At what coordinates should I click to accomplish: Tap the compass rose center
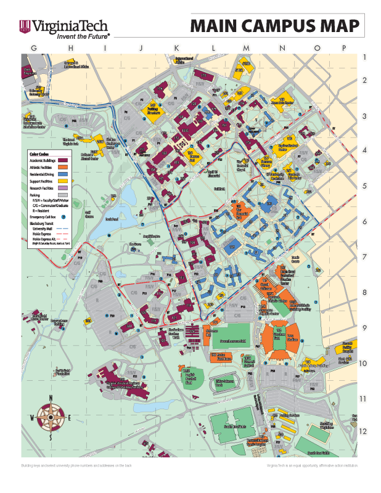coord(52,417)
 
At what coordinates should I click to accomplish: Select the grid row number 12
coord(364,431)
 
